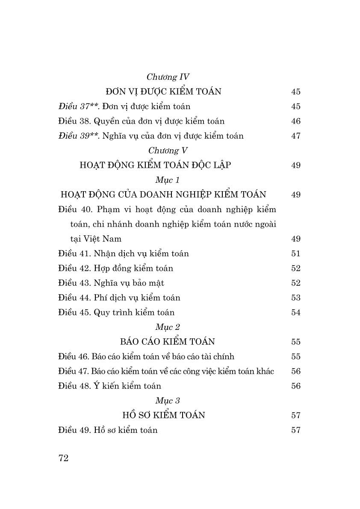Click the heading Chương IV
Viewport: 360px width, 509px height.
coord(168,77)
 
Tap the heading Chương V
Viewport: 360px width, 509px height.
coord(168,151)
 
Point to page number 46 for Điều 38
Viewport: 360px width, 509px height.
coord(296,121)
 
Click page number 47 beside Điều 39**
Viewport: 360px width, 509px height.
coord(296,136)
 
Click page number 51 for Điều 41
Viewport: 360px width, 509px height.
coord(296,254)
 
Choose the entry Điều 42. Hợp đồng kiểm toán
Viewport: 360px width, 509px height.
coord(115,268)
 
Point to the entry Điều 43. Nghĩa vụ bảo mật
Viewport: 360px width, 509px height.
coord(111,283)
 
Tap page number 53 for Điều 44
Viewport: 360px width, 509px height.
coord(296,298)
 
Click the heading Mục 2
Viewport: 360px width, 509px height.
coord(168,327)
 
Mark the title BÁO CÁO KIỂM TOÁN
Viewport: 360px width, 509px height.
coord(168,342)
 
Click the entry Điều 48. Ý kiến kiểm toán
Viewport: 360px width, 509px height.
coord(109,386)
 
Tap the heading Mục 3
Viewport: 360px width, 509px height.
coord(168,401)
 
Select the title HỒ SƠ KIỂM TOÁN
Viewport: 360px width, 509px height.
coord(164,415)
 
